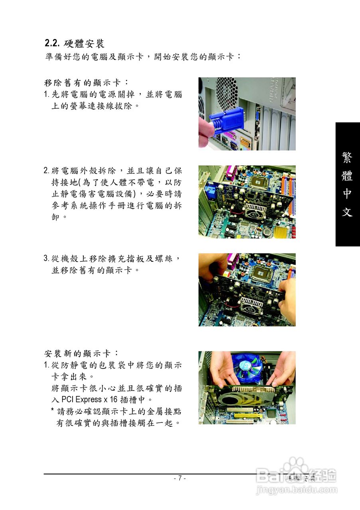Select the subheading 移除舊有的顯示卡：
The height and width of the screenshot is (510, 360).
[86, 83]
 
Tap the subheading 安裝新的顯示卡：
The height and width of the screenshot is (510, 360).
[81, 353]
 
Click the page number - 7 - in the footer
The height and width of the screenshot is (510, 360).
[180, 478]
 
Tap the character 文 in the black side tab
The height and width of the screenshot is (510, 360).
[347, 212]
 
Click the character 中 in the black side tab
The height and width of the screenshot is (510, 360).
[347, 194]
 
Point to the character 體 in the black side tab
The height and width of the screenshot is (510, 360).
[347, 176]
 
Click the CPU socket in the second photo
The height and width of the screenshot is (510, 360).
[259, 182]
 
